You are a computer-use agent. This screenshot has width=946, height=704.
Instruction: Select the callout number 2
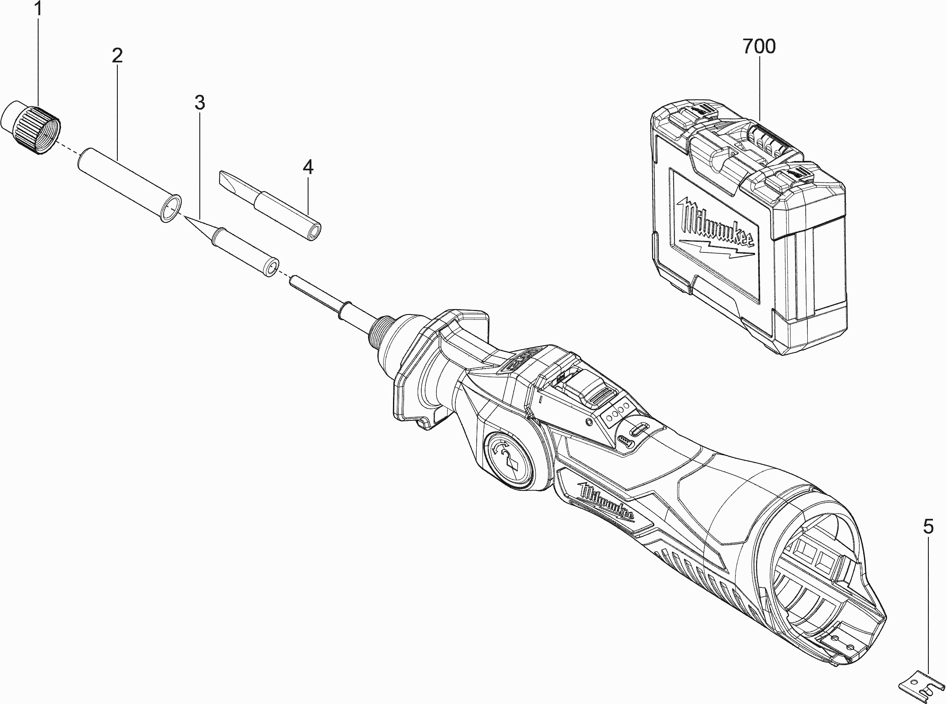click(117, 55)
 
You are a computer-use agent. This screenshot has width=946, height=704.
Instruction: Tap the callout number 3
click(199, 103)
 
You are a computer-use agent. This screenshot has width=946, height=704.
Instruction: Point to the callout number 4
click(308, 167)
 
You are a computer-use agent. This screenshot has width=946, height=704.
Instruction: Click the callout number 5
click(928, 527)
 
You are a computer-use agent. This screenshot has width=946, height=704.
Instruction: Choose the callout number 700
click(759, 46)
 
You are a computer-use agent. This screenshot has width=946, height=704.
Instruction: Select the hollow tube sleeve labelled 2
click(128, 183)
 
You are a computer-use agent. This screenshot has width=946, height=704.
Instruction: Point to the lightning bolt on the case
click(715, 249)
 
